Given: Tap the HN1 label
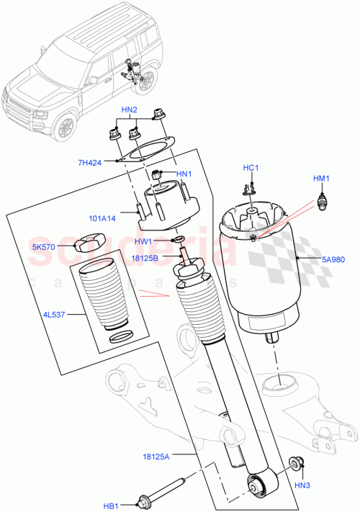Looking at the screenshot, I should pos(185,174).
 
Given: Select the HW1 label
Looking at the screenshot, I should pos(143,241).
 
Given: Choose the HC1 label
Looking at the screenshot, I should pos(251,168).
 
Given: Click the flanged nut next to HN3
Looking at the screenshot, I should pos(295,465).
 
